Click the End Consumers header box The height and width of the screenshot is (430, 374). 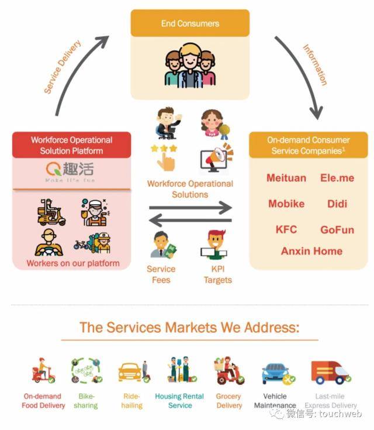(x=190, y=23)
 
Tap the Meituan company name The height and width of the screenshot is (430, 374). (x=286, y=178)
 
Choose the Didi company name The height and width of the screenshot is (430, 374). (x=337, y=204)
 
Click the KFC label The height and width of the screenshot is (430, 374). (x=286, y=229)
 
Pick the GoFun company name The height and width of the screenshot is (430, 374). (x=337, y=229)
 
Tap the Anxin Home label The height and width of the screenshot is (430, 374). (x=311, y=251)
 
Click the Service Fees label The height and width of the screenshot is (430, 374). (x=161, y=274)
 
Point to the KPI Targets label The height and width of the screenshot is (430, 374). (x=217, y=274)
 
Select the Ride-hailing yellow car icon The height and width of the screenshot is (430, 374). (x=130, y=370)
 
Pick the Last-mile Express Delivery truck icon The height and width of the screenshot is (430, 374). (x=330, y=372)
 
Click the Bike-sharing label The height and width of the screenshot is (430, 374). (x=86, y=401)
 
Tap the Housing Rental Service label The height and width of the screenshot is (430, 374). (x=179, y=401)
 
